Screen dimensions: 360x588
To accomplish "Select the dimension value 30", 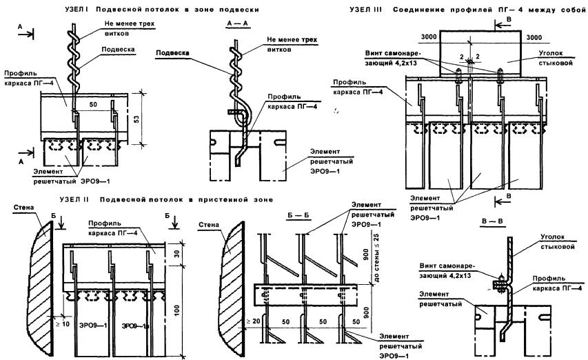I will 179,254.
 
